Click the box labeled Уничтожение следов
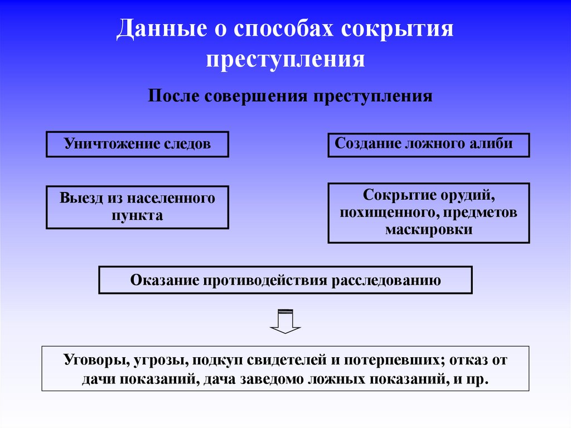pyautogui.click(x=137, y=144)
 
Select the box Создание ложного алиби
pyautogui.click(x=428, y=145)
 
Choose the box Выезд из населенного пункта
pyautogui.click(x=137, y=207)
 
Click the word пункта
pyautogui.click(x=137, y=216)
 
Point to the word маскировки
pyautogui.click(x=428, y=229)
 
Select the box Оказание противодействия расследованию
pyautogui.click(x=285, y=280)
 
